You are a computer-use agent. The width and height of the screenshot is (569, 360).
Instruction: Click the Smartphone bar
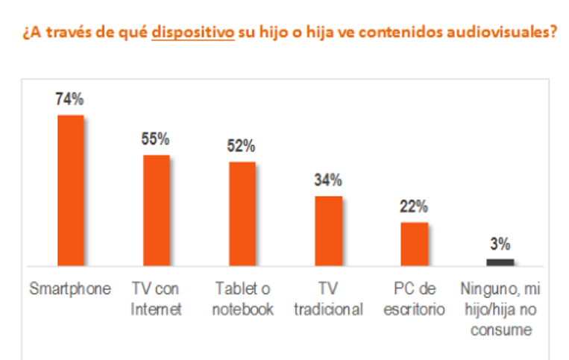click(x=71, y=191)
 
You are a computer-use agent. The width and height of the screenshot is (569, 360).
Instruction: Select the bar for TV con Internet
click(x=157, y=210)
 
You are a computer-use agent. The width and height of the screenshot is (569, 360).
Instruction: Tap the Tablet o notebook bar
click(x=242, y=214)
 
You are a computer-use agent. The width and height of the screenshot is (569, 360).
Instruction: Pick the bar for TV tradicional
click(x=328, y=231)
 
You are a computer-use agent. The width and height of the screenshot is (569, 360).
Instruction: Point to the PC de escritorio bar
click(x=414, y=244)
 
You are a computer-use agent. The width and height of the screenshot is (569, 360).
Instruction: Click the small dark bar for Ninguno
click(x=500, y=262)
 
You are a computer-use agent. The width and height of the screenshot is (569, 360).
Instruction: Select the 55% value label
click(x=157, y=139)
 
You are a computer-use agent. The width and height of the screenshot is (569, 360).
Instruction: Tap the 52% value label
click(x=242, y=146)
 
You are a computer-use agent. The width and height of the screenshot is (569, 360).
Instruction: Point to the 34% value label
click(x=328, y=180)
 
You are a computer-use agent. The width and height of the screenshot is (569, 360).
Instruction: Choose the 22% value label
click(x=414, y=206)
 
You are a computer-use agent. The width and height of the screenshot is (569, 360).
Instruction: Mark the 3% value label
click(x=500, y=244)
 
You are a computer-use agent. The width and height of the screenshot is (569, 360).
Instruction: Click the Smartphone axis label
click(x=70, y=289)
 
